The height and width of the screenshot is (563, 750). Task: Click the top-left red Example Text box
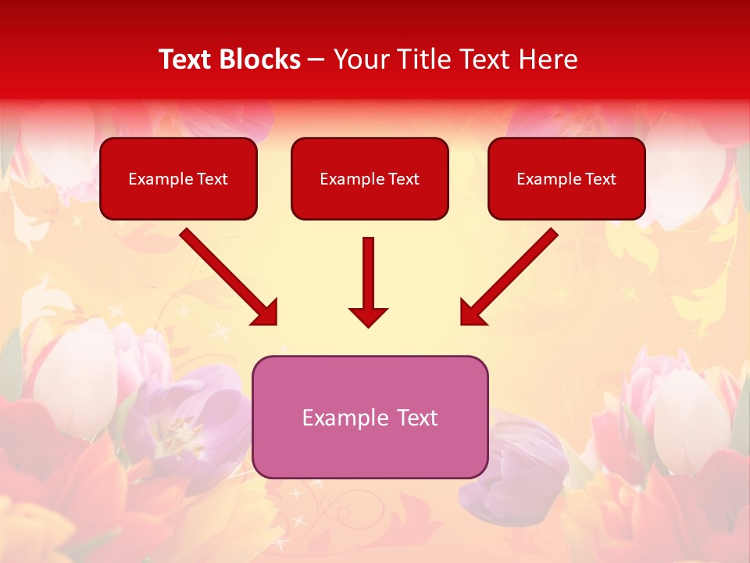178,178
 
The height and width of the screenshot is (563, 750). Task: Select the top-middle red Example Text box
370,178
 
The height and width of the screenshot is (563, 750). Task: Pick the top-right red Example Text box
566,178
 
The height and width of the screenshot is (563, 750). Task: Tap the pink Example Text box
370,417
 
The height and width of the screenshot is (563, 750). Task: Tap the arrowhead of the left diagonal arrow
266,313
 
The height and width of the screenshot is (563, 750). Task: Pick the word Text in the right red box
600,179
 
